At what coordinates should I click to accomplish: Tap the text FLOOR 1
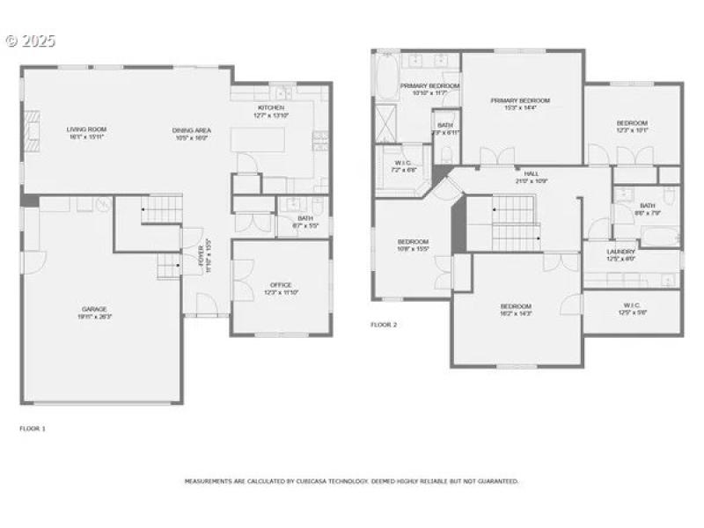(x=33, y=429)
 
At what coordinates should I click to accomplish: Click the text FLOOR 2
(x=384, y=325)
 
